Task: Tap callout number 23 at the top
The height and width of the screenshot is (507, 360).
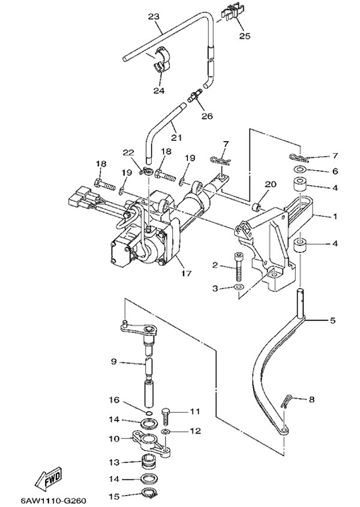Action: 154,16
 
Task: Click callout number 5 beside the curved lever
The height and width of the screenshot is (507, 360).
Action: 332,320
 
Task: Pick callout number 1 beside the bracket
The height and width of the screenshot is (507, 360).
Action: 335,216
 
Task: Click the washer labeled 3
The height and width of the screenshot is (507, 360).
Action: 238,289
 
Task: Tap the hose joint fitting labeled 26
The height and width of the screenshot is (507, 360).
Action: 194,95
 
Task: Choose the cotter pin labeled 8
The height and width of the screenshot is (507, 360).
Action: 290,398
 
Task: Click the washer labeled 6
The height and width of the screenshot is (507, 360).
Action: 298,171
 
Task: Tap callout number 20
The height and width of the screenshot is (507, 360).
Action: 270,184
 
